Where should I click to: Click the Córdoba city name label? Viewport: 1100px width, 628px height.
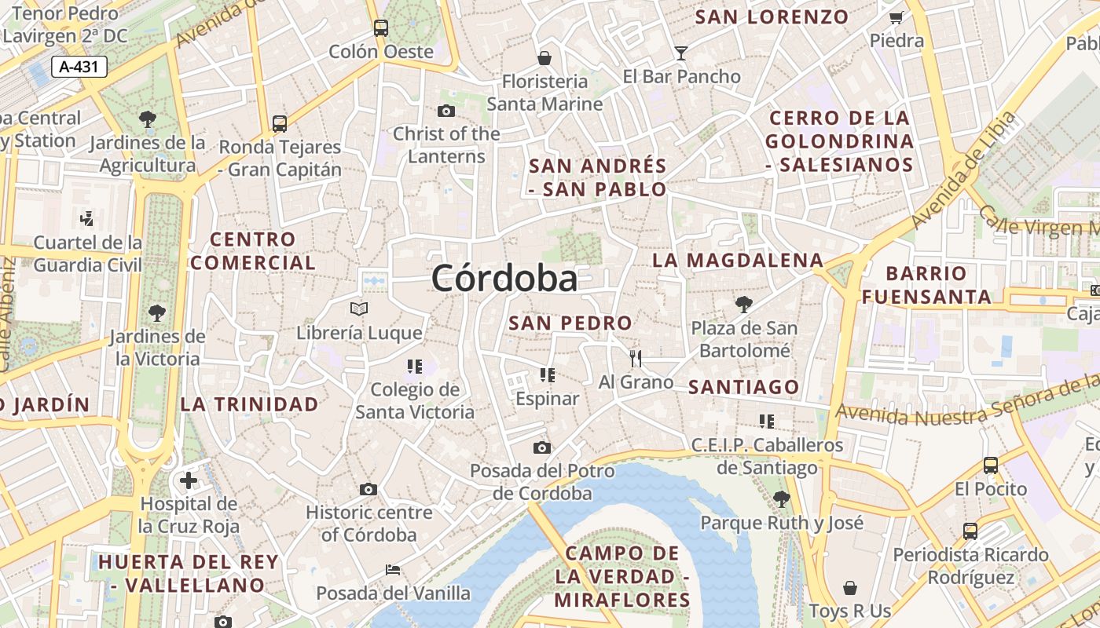click(504, 278)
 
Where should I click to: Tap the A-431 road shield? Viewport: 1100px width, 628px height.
click(79, 67)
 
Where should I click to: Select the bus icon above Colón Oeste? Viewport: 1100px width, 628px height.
click(381, 28)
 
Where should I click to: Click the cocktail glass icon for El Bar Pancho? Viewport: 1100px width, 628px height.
click(681, 53)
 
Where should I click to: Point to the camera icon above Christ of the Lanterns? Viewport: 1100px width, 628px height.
click(445, 111)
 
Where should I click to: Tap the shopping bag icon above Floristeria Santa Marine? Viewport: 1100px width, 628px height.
click(544, 58)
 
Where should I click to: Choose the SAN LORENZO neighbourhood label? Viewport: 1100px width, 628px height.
click(772, 16)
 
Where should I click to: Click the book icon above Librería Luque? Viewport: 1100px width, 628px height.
click(359, 309)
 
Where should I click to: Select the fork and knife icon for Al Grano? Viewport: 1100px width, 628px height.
click(636, 359)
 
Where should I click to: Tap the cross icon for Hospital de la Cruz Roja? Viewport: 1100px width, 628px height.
click(189, 480)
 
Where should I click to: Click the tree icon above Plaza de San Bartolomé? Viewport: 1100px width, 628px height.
click(743, 305)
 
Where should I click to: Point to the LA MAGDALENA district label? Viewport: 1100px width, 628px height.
click(739, 260)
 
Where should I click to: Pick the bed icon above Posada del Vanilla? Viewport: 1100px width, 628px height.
click(393, 569)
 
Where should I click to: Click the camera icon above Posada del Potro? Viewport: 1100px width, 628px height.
click(541, 447)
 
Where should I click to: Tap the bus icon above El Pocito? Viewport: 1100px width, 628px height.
click(991, 465)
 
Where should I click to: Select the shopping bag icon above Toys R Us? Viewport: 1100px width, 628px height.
click(849, 588)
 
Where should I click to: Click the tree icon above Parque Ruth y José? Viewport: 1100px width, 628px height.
click(781, 498)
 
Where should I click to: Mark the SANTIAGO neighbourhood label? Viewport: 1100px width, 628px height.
click(743, 387)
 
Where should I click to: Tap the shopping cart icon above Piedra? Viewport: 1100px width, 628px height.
click(896, 17)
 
